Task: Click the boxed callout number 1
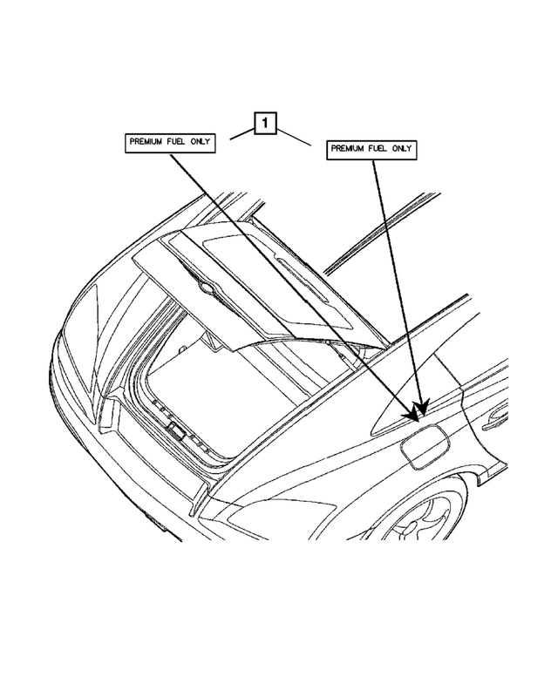point(266,125)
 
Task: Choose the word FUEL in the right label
point(381,150)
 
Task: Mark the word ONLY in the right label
point(402,150)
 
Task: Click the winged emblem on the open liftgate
point(205,288)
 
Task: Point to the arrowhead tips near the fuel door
point(420,406)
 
